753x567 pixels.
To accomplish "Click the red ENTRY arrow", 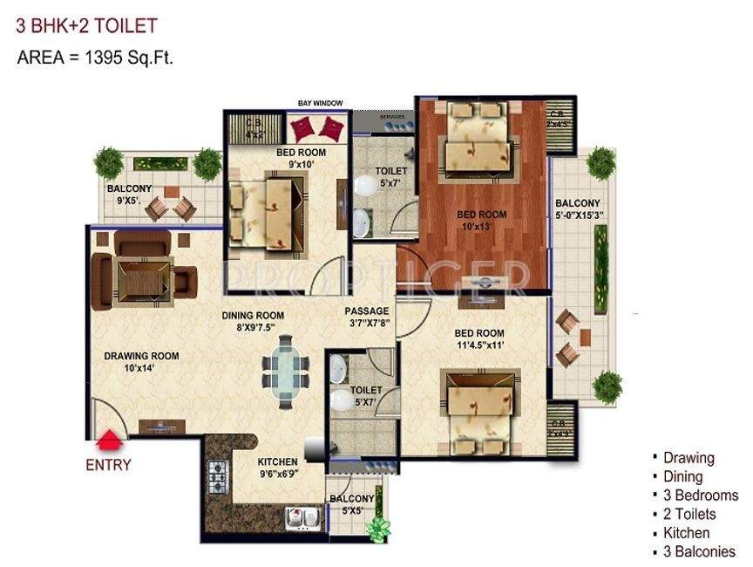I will [x=110, y=439].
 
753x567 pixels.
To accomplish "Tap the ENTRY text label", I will [x=108, y=465].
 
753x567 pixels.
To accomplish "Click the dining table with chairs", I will [x=284, y=372].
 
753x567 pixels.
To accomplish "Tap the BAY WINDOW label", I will [x=320, y=104].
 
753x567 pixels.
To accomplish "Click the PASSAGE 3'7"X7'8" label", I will [x=366, y=317].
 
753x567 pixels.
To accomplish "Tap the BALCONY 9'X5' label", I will [x=129, y=194].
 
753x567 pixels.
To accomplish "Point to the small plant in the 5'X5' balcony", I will [x=378, y=529].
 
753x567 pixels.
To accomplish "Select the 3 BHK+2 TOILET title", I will [x=87, y=27].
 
